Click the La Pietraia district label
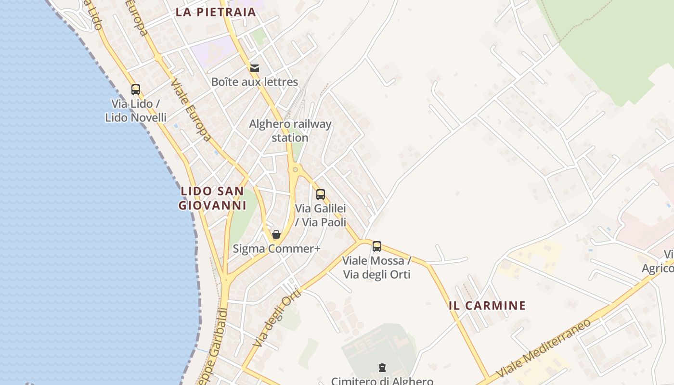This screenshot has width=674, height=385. tap(215, 12)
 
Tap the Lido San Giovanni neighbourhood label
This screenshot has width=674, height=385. tap(212, 198)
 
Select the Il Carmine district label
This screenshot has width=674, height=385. tap(487, 306)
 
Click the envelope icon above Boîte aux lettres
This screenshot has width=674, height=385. tap(255, 68)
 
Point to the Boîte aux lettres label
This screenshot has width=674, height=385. tap(255, 82)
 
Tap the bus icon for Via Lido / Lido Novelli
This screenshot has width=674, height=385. tap(136, 89)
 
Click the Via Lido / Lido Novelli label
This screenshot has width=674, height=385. tap(136, 110)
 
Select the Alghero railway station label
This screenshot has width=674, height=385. tap(290, 131)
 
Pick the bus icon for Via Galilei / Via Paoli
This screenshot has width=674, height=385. tap(321, 194)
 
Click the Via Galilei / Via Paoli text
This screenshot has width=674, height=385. tap(321, 215)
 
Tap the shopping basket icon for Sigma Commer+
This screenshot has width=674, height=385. tap(276, 234)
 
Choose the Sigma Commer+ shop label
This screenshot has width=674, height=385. tap(276, 249)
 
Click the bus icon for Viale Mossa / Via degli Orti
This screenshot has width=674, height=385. tap(377, 246)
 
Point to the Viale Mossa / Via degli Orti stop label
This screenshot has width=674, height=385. tap(376, 268)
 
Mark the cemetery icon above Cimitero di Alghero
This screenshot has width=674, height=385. tap(382, 368)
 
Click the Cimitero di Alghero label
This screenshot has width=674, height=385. tap(382, 381)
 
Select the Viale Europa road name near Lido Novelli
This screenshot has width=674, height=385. tap(191, 110)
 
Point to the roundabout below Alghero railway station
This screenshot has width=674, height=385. tap(295, 169)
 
